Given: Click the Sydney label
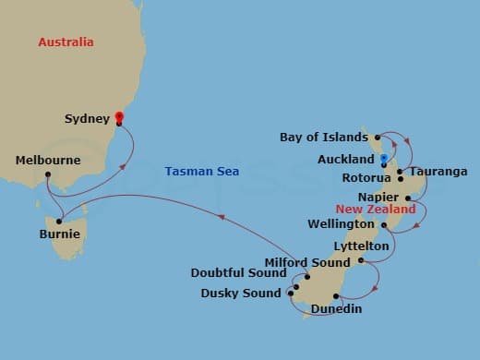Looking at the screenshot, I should [87, 119].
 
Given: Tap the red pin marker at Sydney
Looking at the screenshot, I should [118, 117].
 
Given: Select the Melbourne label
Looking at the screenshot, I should [48, 161].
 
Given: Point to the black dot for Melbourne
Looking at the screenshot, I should [47, 174].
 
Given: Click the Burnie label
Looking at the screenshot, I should [59, 234].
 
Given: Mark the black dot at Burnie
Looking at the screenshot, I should [59, 221].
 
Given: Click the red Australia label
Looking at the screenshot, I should [66, 42].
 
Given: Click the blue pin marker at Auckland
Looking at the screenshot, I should [383, 160].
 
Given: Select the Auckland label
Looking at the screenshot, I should [345, 160].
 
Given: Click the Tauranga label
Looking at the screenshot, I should [438, 172].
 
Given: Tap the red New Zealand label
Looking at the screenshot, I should [376, 210].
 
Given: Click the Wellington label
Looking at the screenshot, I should [342, 224].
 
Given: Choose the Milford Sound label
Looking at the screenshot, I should [307, 262].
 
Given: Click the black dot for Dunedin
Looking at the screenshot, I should [336, 296].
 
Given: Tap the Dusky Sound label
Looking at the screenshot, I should [241, 294].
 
